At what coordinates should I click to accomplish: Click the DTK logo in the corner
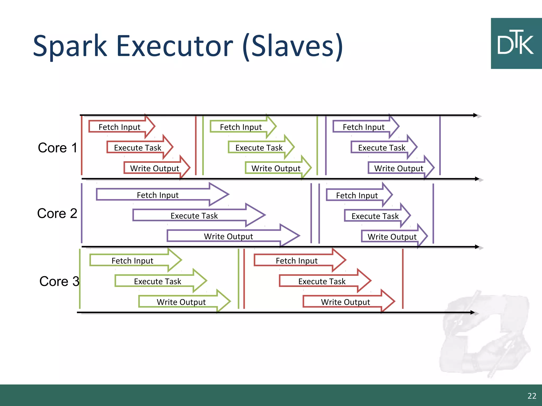[516, 44]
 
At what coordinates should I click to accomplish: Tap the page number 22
[532, 396]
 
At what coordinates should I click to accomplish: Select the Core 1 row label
[57, 147]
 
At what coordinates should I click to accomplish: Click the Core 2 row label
[57, 213]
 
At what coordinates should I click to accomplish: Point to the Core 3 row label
[59, 281]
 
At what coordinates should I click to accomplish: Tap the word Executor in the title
[174, 46]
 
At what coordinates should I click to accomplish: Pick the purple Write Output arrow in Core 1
[399, 168]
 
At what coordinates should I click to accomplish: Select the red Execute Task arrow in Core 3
[322, 281]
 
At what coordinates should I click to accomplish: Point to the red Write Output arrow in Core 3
[346, 302]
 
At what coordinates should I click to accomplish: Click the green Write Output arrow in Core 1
[276, 168]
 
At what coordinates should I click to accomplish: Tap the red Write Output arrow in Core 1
[155, 168]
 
